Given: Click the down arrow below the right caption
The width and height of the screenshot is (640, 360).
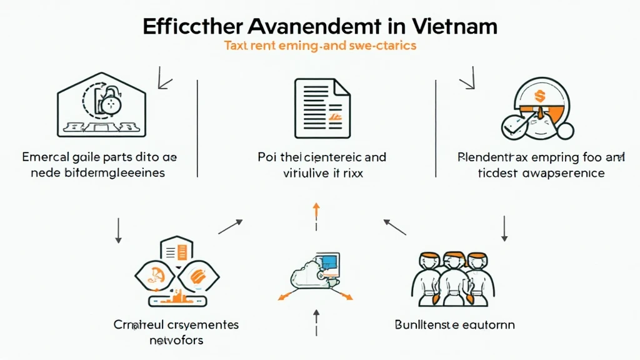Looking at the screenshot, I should coord(504,229).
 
